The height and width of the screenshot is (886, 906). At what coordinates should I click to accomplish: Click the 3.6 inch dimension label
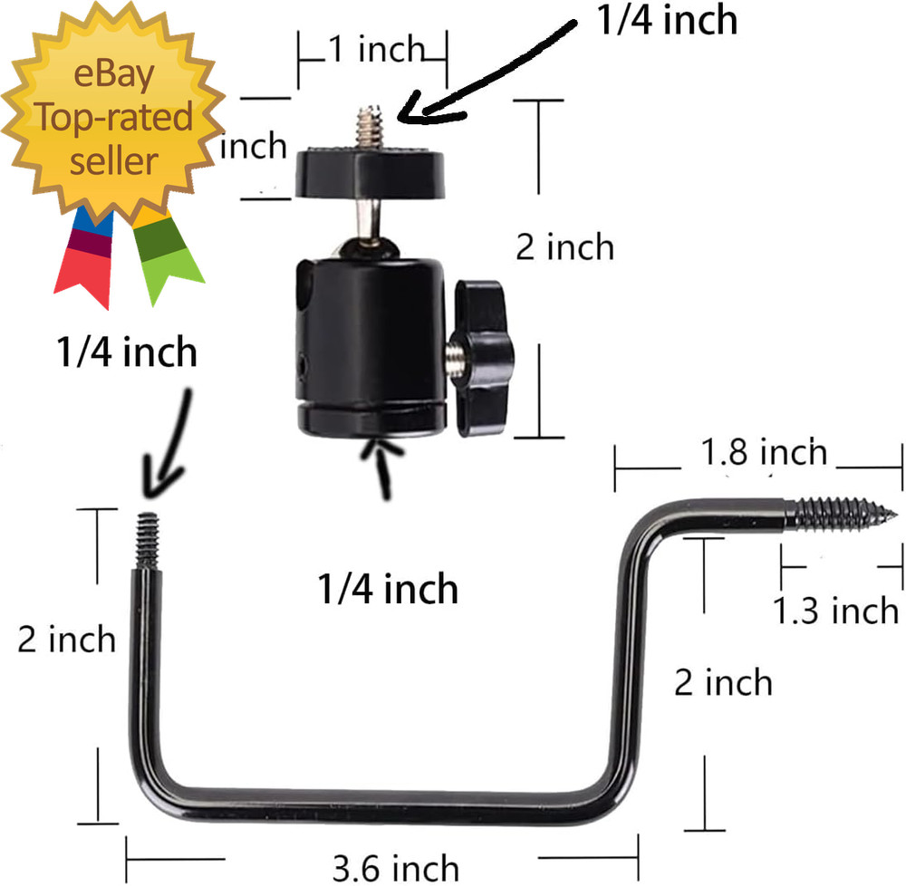(x=396, y=868)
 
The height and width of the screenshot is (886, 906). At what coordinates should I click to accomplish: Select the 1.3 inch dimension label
(x=835, y=610)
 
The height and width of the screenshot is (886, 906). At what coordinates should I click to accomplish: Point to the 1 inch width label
(x=377, y=49)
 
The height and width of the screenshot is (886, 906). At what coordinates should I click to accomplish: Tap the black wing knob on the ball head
(x=483, y=358)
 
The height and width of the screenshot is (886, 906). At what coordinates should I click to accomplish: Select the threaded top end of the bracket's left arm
(x=148, y=541)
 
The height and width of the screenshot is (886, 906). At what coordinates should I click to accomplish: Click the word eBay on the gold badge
(x=114, y=75)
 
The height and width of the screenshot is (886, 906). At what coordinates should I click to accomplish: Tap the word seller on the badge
(x=114, y=161)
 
